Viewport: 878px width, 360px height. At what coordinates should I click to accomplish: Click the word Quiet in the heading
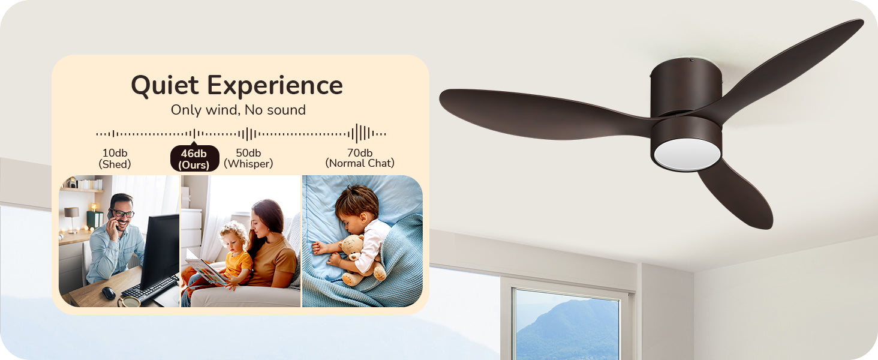pyautogui.click(x=165, y=86)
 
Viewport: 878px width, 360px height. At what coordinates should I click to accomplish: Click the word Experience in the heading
pyautogui.click(x=275, y=86)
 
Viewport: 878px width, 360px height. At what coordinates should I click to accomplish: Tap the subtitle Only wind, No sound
pyautogui.click(x=238, y=110)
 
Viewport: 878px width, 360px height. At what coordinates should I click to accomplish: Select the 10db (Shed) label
pyautogui.click(x=115, y=158)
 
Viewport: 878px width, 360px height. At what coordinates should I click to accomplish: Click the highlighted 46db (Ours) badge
pyautogui.click(x=194, y=158)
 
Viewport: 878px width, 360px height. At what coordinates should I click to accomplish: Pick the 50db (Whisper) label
pyautogui.click(x=248, y=158)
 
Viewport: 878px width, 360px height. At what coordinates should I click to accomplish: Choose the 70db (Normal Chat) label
pyautogui.click(x=360, y=158)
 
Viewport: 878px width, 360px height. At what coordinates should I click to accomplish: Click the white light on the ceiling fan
pyautogui.click(x=687, y=154)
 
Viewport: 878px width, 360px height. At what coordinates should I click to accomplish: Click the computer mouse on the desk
pyautogui.click(x=109, y=293)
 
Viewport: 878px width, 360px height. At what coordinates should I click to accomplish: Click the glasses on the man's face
pyautogui.click(x=122, y=214)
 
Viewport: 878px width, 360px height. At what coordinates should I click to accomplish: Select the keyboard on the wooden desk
pyautogui.click(x=151, y=289)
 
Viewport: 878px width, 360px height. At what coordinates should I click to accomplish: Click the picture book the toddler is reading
pyautogui.click(x=205, y=271)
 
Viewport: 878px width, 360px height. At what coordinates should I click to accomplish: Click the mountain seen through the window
pyautogui.click(x=569, y=329)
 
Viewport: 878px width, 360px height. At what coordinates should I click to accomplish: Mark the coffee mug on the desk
pyautogui.click(x=130, y=302)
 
